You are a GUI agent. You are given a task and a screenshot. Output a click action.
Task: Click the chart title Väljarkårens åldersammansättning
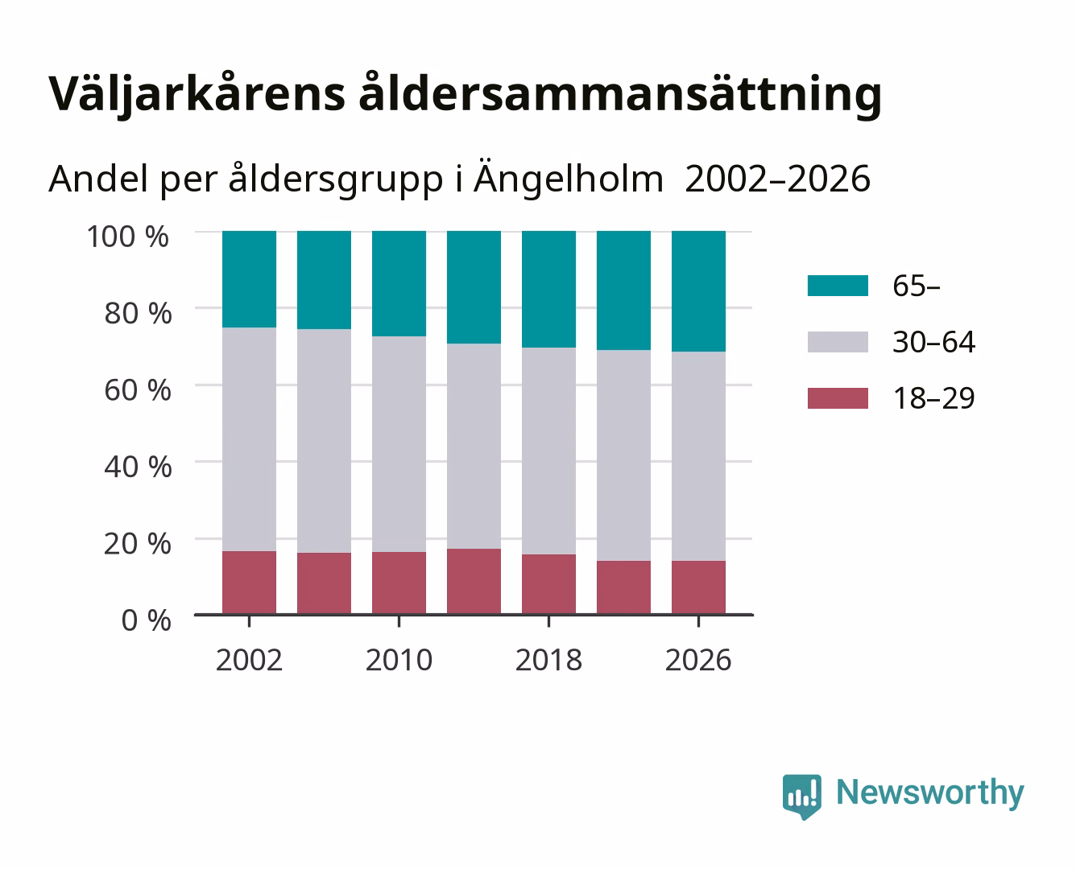click(x=465, y=94)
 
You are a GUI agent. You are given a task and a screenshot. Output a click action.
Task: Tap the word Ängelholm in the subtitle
click(x=569, y=179)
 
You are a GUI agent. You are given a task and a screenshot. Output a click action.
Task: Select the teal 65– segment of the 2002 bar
click(x=249, y=279)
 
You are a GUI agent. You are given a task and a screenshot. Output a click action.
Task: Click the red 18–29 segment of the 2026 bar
click(x=698, y=587)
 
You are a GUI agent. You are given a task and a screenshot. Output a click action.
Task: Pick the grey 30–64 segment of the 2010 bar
click(x=399, y=444)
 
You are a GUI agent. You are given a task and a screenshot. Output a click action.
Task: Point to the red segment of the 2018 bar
click(x=548, y=584)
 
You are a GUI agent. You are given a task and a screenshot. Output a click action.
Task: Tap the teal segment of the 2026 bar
click(x=698, y=291)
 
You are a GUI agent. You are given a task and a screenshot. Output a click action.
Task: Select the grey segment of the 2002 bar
click(x=249, y=439)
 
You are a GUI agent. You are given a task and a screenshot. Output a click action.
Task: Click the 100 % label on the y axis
click(x=127, y=237)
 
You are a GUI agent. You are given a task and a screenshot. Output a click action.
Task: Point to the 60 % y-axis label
click(x=138, y=390)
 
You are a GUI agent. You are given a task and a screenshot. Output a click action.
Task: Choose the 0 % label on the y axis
click(x=146, y=620)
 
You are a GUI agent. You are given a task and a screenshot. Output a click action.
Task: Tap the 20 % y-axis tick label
click(x=138, y=543)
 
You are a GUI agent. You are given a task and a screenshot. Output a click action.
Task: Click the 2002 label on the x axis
click(x=249, y=660)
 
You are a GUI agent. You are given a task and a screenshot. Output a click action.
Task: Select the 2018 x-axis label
click(x=548, y=660)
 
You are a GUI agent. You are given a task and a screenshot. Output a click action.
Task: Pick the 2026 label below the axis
click(x=698, y=660)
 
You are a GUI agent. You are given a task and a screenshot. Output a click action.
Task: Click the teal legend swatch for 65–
click(x=838, y=286)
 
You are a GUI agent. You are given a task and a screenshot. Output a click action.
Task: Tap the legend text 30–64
click(x=933, y=342)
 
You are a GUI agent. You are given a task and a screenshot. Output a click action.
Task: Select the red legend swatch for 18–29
click(x=838, y=398)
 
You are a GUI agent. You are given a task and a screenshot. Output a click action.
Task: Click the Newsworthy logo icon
click(x=802, y=797)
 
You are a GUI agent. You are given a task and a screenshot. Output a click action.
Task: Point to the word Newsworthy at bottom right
click(x=930, y=793)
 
